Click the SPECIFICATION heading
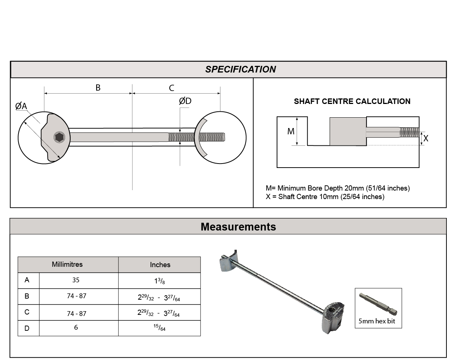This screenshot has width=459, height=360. (240, 70)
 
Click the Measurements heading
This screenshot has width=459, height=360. (238, 227)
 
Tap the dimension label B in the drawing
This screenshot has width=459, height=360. (98, 88)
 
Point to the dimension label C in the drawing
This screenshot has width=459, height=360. (172, 88)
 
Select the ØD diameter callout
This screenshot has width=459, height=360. (185, 101)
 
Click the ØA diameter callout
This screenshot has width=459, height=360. (21, 106)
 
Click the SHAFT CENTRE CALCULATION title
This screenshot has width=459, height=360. (352, 101)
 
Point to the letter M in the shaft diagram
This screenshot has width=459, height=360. (291, 131)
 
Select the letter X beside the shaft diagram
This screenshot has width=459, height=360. (426, 138)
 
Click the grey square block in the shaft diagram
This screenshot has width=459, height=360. (348, 131)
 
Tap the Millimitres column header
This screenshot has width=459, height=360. (67, 265)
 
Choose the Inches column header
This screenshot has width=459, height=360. (160, 265)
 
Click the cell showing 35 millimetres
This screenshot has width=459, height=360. (76, 280)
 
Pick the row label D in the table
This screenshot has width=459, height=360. (27, 328)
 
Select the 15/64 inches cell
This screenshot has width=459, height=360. (160, 328)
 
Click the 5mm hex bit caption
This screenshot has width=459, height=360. (377, 321)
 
